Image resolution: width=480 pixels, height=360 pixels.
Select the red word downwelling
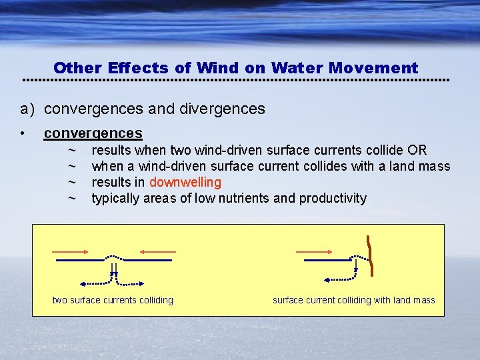185,182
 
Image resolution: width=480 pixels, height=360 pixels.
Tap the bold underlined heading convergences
93,133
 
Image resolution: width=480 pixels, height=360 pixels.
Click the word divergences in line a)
228,108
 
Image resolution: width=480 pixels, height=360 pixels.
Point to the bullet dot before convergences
23,134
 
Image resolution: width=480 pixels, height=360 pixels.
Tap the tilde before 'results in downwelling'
72,182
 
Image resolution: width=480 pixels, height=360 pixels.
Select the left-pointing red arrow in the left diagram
158,252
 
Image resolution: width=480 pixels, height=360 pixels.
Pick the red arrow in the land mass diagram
313,252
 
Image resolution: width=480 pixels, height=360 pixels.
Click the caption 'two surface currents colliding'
113,300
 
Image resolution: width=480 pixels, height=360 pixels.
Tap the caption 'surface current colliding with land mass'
353,300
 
